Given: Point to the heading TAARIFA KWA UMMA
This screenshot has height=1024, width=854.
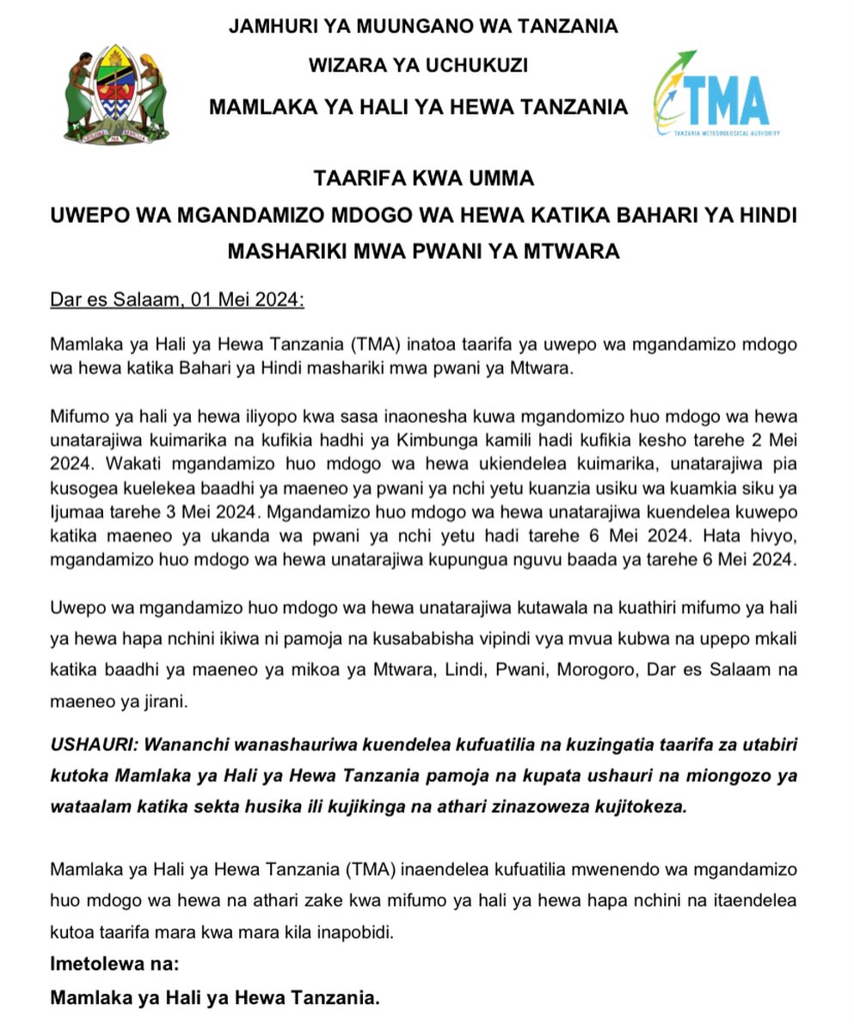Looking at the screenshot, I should pos(424,178).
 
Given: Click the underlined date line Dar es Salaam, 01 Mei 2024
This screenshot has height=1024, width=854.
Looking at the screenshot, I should pos(177,300).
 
